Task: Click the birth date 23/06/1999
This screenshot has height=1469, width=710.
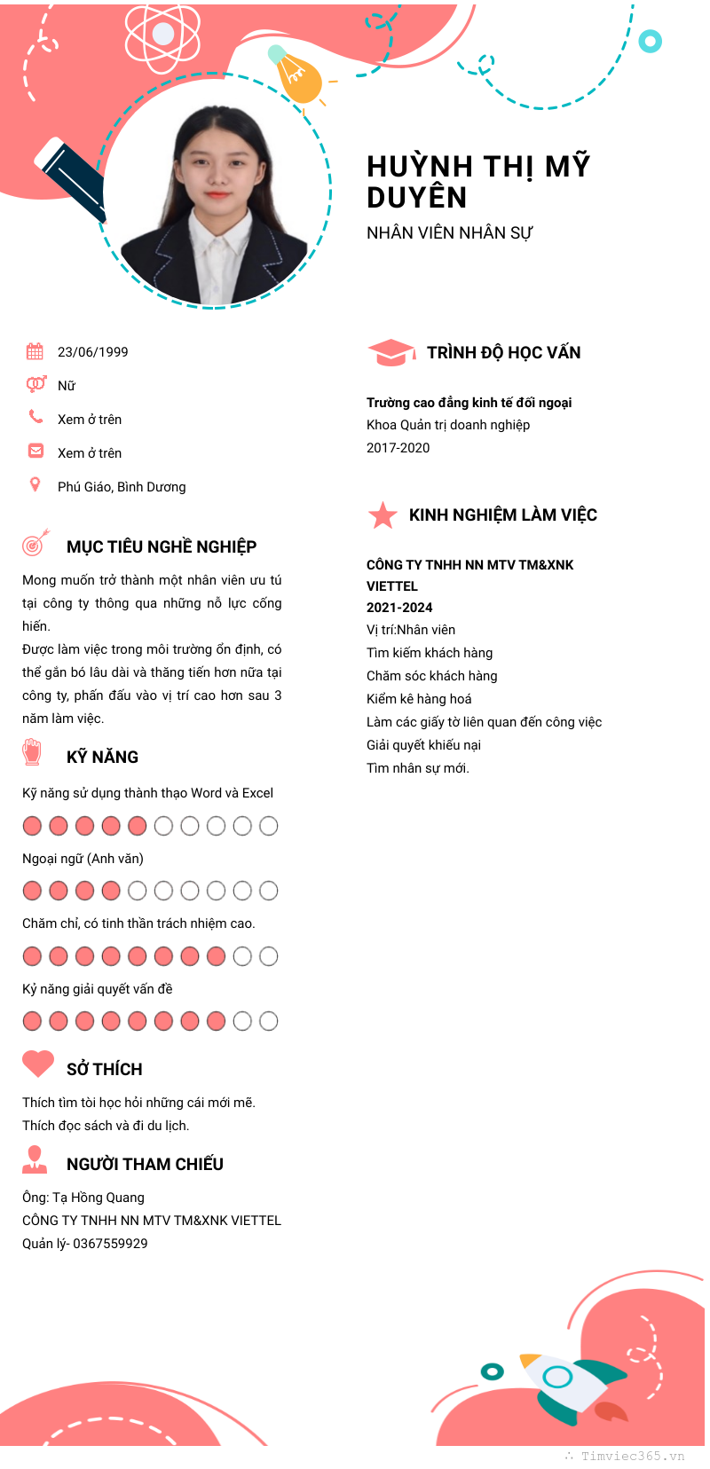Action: (92, 352)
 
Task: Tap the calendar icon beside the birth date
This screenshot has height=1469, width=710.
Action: (35, 351)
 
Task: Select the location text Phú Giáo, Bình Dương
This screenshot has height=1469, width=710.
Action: (122, 487)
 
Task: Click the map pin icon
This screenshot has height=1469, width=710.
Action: (35, 484)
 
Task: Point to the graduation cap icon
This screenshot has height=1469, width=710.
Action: (390, 353)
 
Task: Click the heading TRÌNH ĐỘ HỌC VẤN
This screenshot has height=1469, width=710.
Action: (503, 353)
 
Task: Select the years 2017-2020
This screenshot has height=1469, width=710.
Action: (398, 448)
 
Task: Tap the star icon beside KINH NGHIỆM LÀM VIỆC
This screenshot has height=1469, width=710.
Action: (383, 515)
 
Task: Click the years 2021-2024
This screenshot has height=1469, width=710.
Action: (399, 608)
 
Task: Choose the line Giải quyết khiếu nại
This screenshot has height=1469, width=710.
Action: (423, 745)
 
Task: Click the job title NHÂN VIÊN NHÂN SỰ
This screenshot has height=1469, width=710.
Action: (449, 233)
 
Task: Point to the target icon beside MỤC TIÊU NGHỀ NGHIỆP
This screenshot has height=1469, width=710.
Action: (35, 544)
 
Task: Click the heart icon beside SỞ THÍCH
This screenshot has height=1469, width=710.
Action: (37, 1064)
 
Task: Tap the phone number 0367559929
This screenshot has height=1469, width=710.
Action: (110, 1244)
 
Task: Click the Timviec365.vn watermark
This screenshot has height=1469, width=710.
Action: (632, 1456)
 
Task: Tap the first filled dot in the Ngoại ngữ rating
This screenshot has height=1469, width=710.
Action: (32, 891)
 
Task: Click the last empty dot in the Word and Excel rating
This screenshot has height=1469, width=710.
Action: (268, 827)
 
